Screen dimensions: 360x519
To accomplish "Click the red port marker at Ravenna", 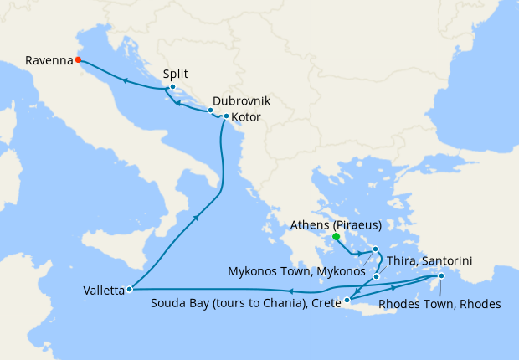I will (78, 59).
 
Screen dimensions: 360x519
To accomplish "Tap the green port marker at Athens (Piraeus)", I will (336, 237).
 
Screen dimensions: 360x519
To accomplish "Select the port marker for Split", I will (172, 87).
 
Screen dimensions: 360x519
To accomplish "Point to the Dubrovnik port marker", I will (210, 111).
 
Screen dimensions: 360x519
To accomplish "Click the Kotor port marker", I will (226, 116).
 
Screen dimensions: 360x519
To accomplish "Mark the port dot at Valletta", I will (129, 290).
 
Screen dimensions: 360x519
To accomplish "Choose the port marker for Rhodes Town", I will (441, 276).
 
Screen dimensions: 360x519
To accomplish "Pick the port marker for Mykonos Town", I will (376, 249).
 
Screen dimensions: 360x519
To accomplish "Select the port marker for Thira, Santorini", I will (377, 277).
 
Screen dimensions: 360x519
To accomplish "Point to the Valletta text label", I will (104, 291).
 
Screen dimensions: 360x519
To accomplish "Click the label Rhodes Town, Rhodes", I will (440, 304).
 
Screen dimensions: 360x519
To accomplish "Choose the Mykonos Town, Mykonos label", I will (296, 271).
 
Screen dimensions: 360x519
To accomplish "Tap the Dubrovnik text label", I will (241, 100).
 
